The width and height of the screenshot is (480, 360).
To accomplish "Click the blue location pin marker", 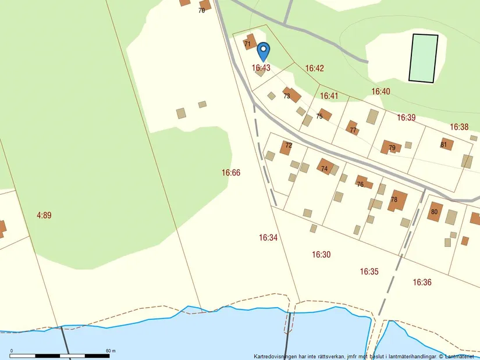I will coord(263,51).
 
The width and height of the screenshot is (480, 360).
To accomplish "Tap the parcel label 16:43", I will coord(261,68).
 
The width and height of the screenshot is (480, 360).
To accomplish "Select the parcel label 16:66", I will coord(231,173).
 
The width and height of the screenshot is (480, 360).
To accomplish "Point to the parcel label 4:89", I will coord(44,215).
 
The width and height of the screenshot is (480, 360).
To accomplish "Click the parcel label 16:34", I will coord(268,237).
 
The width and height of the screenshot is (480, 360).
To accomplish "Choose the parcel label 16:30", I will coord(321,254).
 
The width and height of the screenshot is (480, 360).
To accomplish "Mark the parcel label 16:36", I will coord(422,282).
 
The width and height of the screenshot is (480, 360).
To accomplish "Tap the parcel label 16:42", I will coord(314,68).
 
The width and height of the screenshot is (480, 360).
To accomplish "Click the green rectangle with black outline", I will coord(424,58).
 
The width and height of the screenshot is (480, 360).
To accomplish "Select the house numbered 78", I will coord(398,200).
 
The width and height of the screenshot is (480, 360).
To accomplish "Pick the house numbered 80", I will coord(435,211).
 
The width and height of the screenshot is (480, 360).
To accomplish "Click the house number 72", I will coord(289,145).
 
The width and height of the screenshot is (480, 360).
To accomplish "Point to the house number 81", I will coord(444,145).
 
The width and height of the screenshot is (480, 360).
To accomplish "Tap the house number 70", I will coord(201,10).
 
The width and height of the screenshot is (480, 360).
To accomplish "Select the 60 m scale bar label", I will coord(111,351).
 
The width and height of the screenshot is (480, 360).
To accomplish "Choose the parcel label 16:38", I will coord(459,127).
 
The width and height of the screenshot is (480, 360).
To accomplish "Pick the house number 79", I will coord(392,148).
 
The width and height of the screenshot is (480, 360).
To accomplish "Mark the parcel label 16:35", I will coord(369,271).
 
